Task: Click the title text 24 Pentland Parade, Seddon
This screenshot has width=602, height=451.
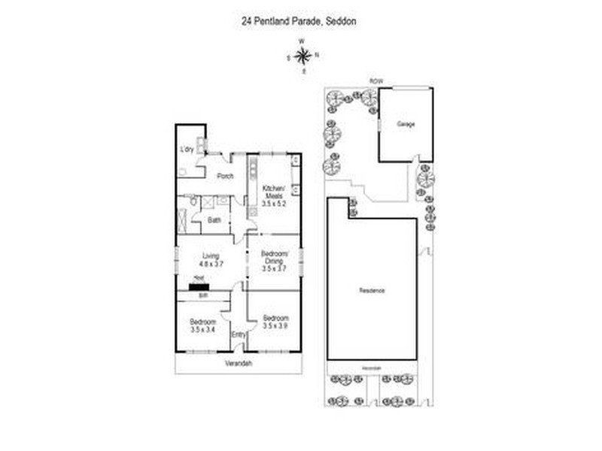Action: click(299, 22)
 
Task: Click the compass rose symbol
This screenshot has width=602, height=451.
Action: click(303, 55)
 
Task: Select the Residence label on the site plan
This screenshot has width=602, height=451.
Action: click(372, 289)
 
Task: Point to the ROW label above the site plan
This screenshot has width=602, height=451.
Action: click(372, 80)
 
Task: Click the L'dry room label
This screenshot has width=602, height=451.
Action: click(187, 150)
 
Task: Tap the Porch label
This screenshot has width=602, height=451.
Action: click(224, 177)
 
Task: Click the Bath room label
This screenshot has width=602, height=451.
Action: click(214, 220)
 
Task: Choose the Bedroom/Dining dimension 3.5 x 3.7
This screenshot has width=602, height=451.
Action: click(274, 268)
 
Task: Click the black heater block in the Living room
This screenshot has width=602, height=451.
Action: click(200, 286)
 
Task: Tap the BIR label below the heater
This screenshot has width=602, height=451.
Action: click(202, 295)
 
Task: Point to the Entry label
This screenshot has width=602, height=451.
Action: click(239, 334)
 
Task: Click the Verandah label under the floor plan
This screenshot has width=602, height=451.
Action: click(238, 365)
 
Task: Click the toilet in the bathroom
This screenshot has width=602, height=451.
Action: click(193, 202)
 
